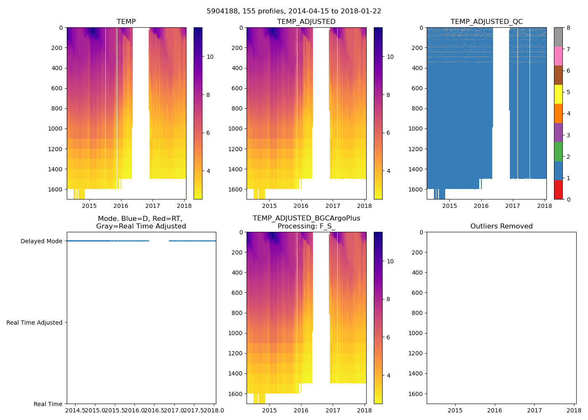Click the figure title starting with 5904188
pos(294,11)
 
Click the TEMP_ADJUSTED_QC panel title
pos(486,22)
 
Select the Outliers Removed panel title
pos(501,226)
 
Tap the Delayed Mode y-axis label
pos(41,241)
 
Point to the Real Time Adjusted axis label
pos(34,323)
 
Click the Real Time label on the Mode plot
pos(48,404)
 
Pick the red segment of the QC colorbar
pos(558,189)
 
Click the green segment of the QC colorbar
pos(558,151)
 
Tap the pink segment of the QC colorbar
pos(558,56)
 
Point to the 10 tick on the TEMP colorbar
pos(210,57)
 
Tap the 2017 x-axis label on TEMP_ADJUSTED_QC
pos(512,206)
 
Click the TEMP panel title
pos(126,22)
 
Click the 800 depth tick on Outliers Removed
pos(417,313)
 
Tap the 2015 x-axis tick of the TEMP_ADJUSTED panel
pos(269,206)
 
